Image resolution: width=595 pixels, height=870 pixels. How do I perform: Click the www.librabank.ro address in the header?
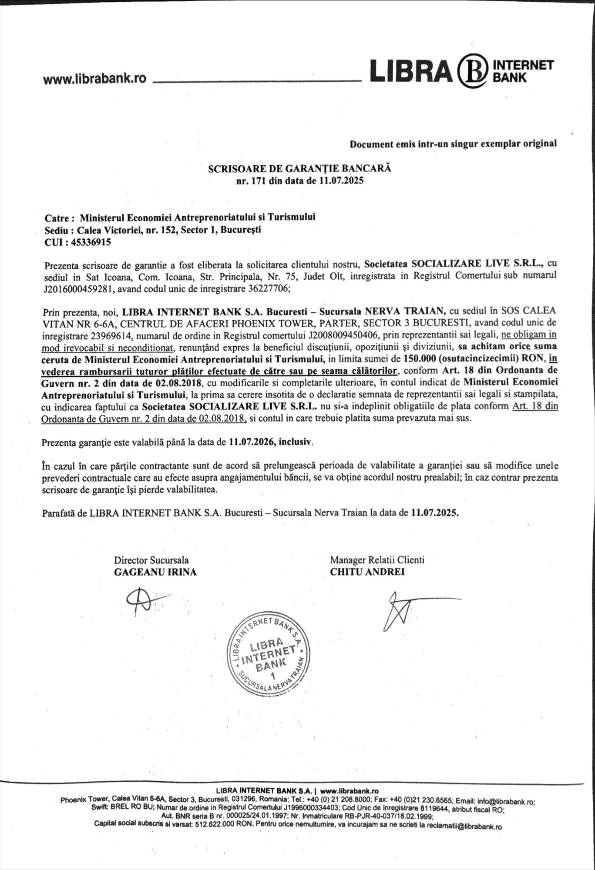click(94, 78)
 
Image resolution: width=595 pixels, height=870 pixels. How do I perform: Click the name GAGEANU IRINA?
click(155, 572)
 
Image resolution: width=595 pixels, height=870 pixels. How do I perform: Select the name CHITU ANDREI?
click(367, 572)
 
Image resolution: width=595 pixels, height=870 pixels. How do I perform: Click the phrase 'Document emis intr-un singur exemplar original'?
click(453, 144)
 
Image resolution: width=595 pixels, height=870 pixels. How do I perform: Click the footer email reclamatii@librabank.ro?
click(464, 826)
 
